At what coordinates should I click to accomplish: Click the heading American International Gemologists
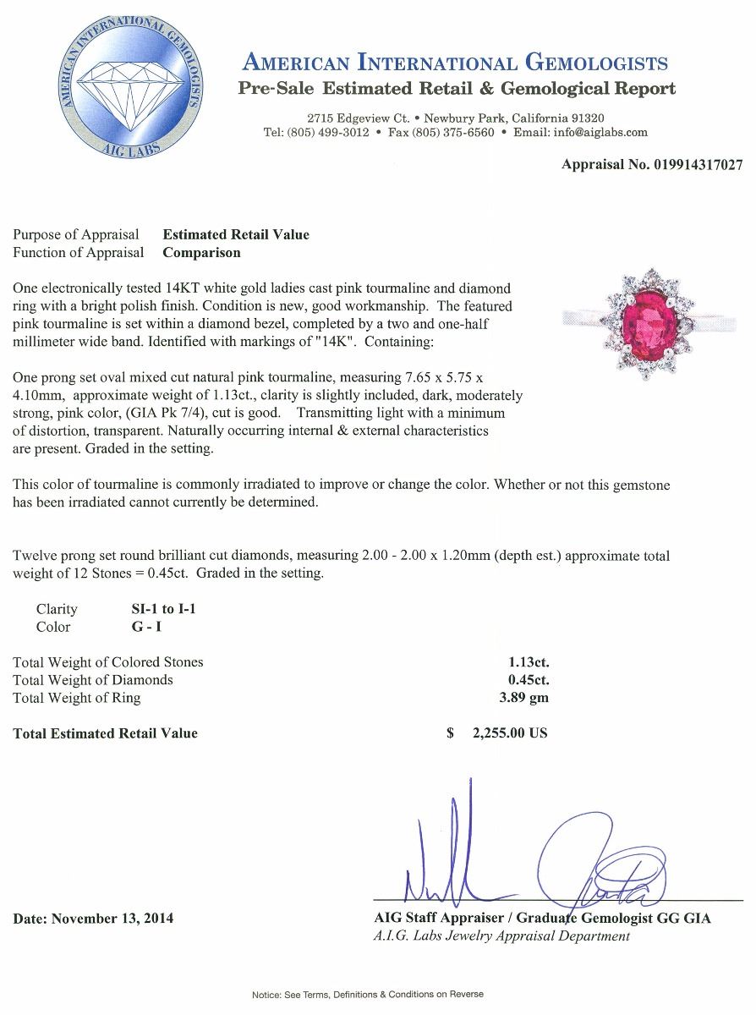point(455,62)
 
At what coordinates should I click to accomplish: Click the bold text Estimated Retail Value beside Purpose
point(236,234)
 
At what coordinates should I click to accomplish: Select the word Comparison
point(201,252)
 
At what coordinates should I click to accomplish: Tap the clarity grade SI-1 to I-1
point(158,609)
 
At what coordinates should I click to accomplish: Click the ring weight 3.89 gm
point(524,698)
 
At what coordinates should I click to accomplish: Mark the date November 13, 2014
point(112,918)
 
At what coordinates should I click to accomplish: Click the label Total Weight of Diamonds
point(93,680)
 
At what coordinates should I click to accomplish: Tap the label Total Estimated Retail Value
point(106,733)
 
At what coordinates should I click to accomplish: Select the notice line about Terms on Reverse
point(368,994)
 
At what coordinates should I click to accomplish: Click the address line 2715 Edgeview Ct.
point(359,118)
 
